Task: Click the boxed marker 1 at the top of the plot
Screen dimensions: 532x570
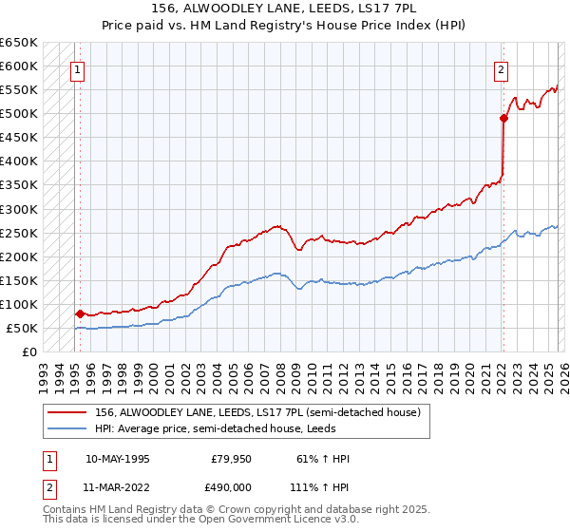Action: (76, 68)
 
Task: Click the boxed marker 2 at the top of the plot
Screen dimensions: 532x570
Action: (501, 68)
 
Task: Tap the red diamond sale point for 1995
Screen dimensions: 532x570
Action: (80, 313)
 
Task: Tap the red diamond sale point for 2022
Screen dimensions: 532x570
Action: (503, 118)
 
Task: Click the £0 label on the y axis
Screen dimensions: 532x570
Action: (30, 352)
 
